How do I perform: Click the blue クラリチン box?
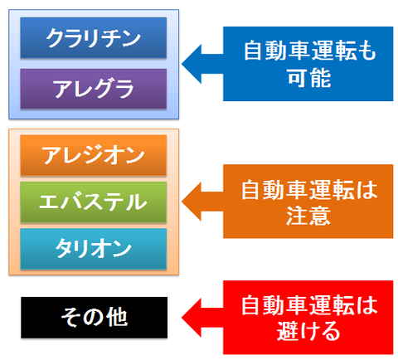tap(94, 38)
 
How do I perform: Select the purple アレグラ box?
tap(94, 89)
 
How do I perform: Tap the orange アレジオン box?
tap(94, 155)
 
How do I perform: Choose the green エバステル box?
tap(94, 202)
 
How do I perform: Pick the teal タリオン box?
tap(94, 249)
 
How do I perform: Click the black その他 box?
tap(95, 318)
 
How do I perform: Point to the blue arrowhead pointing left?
tap(192, 64)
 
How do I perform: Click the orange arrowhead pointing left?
tap(192, 202)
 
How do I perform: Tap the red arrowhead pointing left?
tap(192, 318)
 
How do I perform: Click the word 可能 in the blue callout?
tap(308, 78)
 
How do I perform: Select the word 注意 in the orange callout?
tap(308, 216)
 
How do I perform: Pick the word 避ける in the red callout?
tap(308, 331)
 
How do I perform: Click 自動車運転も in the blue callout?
tap(310, 51)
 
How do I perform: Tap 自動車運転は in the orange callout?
tap(309, 190)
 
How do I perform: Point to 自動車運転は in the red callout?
tap(309, 305)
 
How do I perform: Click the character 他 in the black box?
tap(118, 318)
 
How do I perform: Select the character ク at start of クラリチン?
tap(55, 38)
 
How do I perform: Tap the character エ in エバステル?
tap(49, 202)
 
